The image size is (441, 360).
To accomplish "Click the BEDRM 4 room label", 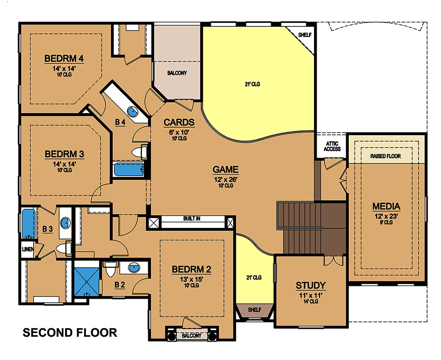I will (x=64, y=59).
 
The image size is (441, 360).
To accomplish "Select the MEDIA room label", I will (x=386, y=206).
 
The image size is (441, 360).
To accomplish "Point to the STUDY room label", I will (x=310, y=285).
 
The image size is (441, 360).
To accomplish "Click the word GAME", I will (x=225, y=169).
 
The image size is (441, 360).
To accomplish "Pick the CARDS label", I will (x=179, y=122).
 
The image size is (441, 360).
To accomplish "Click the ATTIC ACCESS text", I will (x=332, y=146).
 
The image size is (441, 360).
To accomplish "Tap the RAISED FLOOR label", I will (x=386, y=156).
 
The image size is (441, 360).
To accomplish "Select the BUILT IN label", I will (x=191, y=219).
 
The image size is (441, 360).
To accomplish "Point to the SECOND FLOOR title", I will (x=70, y=332).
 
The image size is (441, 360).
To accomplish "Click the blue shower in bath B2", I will (x=87, y=279).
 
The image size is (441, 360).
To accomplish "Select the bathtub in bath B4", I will (x=128, y=169).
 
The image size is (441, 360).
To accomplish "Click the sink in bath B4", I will (x=132, y=111).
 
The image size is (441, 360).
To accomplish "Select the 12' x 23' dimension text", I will (x=386, y=216).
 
